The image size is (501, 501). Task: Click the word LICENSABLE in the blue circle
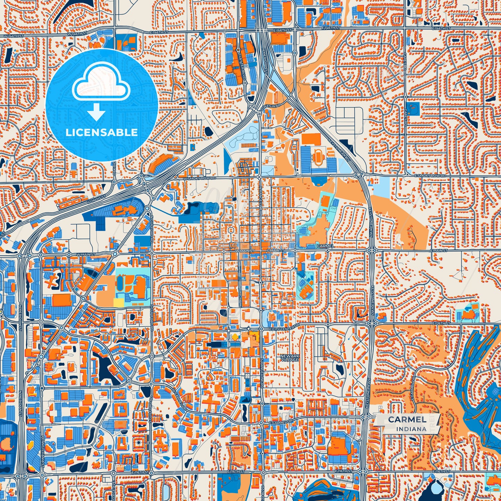coord(102,132)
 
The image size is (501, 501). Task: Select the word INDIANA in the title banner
coord(411,429)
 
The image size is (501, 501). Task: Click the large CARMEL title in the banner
coord(407,419)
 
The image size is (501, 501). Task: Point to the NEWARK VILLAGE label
coord(290,358)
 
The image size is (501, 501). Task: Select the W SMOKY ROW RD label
coord(199,178)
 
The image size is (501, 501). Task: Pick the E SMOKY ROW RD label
coord(430,176)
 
